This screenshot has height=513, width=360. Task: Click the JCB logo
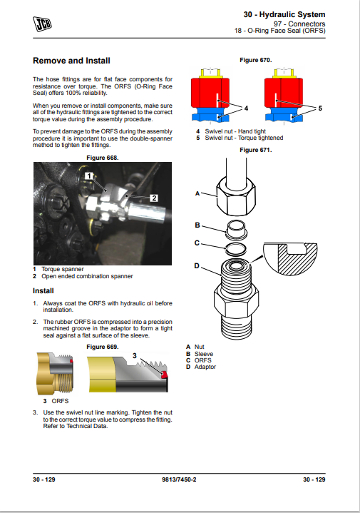click(42, 24)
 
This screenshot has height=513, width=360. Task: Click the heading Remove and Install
click(71, 61)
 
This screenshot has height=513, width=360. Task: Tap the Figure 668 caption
click(103, 158)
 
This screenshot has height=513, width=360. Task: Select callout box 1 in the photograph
click(89, 176)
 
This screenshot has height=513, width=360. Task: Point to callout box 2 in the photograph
click(154, 198)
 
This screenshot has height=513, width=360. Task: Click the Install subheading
click(43, 291)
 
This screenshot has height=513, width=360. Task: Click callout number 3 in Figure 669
click(135, 355)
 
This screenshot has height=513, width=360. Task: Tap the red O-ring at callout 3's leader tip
click(165, 375)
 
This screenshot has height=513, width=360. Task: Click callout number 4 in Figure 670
click(246, 108)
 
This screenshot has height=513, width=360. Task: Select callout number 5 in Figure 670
click(320, 108)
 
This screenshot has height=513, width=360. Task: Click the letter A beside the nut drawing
click(197, 193)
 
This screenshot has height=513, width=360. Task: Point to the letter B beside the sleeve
click(197, 225)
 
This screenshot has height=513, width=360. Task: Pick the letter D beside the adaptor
click(197, 265)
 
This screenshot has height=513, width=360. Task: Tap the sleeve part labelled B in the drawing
click(236, 229)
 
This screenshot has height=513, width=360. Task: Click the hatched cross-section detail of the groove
click(291, 259)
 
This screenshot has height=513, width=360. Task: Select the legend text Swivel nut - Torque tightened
click(244, 138)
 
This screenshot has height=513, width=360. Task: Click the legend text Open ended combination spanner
click(87, 276)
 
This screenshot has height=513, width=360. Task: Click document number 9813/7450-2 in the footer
click(179, 479)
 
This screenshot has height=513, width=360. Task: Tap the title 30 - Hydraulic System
click(284, 14)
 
